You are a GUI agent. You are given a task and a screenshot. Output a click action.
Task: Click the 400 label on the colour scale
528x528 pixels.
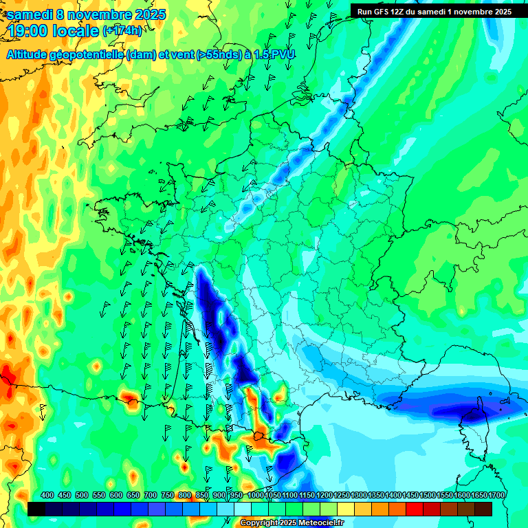pos(47,495)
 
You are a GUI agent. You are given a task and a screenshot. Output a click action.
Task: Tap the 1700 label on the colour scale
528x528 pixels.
pos(496,495)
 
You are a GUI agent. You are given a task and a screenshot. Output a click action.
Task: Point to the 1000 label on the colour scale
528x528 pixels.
pos(256,495)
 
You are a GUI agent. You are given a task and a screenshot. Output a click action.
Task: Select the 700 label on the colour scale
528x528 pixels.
pos(151,495)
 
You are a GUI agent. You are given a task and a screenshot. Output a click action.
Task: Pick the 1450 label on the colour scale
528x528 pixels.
pos(410,495)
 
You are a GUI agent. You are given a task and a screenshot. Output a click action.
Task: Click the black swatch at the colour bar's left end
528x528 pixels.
pos(36,509)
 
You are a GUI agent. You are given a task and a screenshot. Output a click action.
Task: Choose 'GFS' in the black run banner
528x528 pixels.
pos(382,12)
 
